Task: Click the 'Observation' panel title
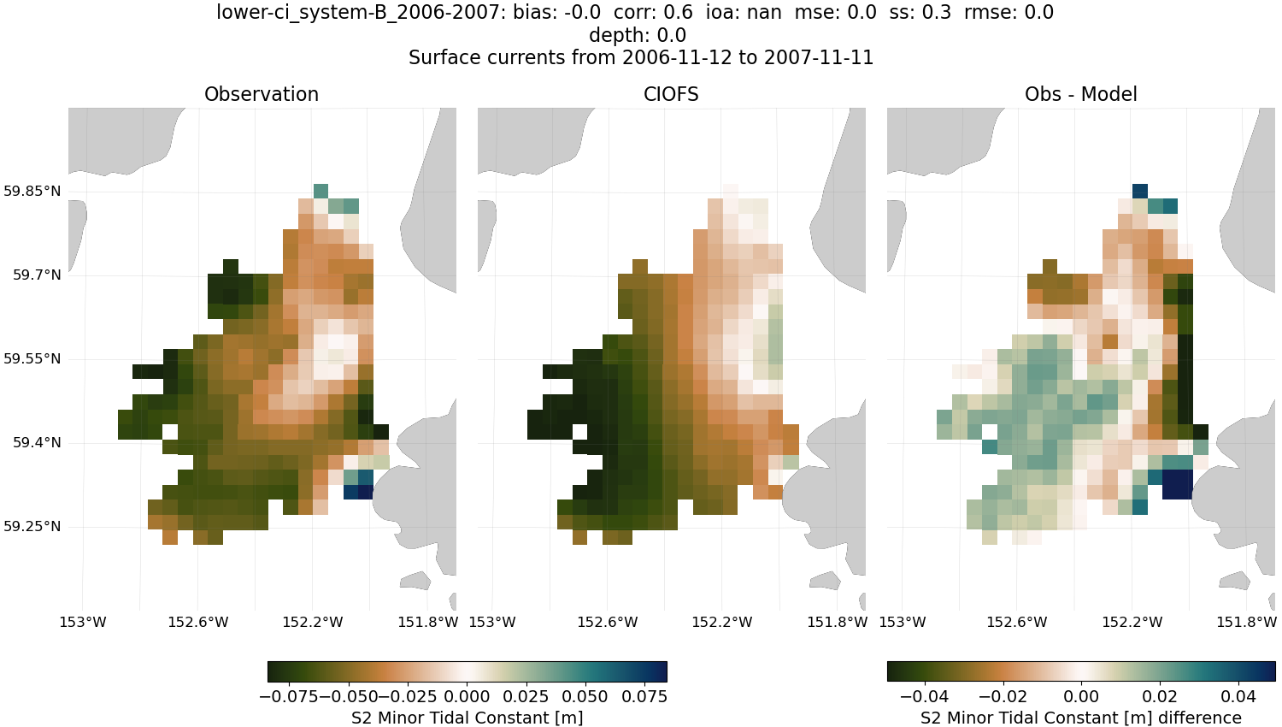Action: [262, 95]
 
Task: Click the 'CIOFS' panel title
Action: [671, 95]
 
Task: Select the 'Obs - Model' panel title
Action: [1080, 95]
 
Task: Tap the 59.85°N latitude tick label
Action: [32, 191]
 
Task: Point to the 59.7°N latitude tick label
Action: [37, 275]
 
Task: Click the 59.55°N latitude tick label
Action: [32, 358]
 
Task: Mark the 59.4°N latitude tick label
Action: [37, 442]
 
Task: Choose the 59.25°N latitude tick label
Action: [32, 526]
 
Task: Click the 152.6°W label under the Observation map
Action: [198, 622]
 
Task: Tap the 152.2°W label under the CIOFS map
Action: [722, 622]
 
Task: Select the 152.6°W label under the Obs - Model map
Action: [1017, 622]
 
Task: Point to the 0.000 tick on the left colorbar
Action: [468, 696]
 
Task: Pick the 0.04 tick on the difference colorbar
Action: [1238, 696]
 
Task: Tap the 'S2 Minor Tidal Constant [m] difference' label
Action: [1080, 718]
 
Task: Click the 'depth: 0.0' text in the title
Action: [638, 35]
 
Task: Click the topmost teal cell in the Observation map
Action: [320, 191]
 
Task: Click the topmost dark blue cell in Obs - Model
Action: [1140, 191]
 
